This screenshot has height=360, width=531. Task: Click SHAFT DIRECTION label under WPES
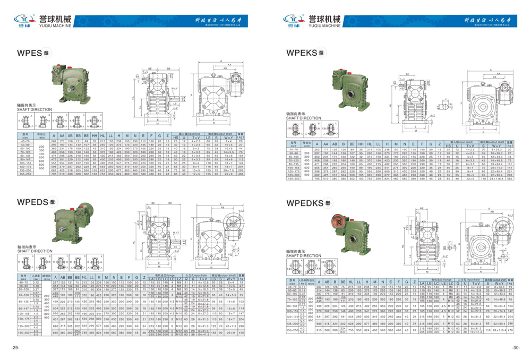35,109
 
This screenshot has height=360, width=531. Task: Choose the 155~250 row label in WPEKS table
292,180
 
